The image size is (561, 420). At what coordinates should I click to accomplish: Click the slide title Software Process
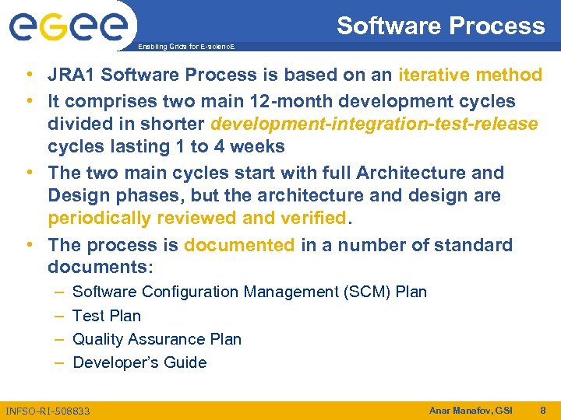(440, 26)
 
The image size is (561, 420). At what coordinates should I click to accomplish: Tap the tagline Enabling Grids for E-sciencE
(185, 47)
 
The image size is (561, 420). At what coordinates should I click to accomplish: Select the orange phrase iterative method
(470, 75)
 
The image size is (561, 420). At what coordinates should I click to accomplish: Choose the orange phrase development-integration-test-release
(374, 124)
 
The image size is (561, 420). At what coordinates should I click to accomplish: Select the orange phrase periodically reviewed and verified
(197, 219)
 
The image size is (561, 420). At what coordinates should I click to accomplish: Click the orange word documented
(239, 245)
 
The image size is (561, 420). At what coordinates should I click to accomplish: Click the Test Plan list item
(107, 316)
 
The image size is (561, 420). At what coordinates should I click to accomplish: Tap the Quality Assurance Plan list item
(157, 339)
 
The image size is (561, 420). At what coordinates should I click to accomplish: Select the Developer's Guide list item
(139, 362)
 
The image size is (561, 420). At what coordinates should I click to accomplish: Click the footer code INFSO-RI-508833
(48, 410)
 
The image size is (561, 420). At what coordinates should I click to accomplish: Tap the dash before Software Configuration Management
(60, 292)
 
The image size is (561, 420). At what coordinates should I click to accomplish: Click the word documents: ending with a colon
(101, 268)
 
